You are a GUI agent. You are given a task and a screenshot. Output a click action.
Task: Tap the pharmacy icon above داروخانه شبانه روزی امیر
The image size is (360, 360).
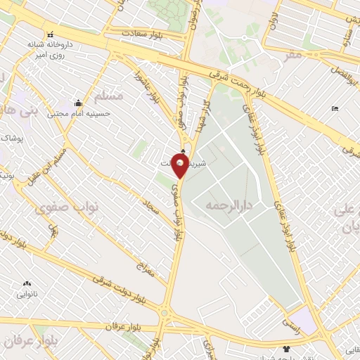coord(49,34)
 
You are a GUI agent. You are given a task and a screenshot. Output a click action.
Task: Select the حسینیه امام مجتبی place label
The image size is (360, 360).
coord(75,112)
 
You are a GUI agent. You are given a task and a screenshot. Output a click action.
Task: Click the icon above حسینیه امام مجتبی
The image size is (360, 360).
coord(77,103)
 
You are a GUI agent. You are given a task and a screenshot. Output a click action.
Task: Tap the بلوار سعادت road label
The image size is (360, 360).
coord(143,33)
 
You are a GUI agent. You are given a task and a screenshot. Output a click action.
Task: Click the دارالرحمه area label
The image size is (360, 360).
coord(229,206)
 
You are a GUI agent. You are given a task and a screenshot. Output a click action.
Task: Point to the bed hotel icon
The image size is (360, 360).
coord(334,108)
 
